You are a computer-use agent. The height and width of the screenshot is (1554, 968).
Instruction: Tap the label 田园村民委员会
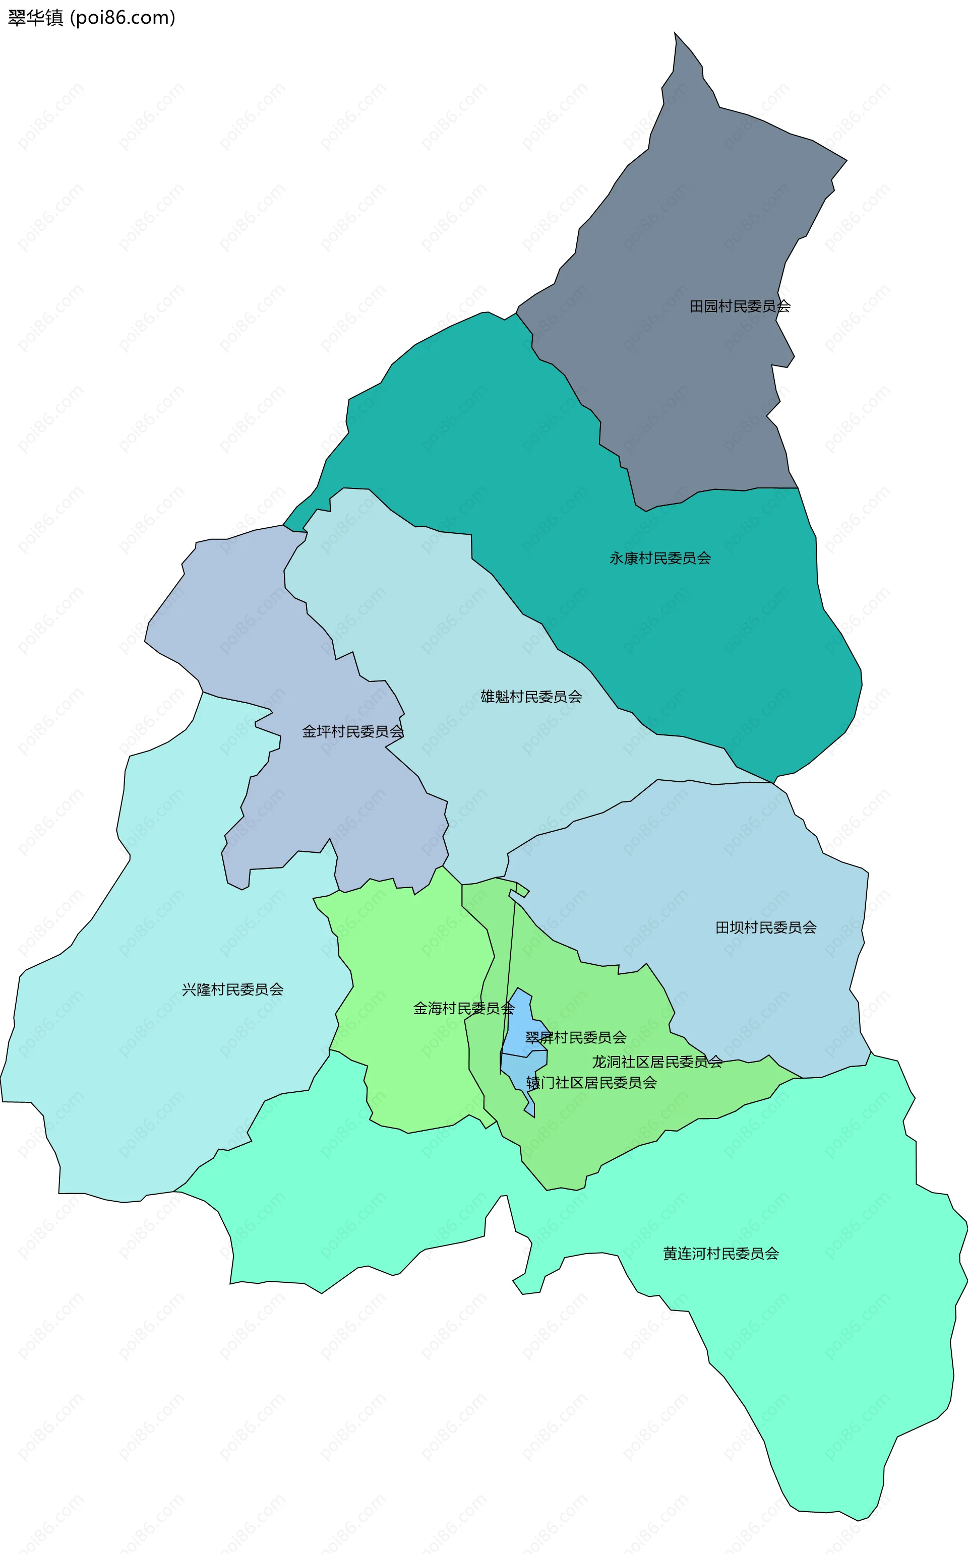point(740,306)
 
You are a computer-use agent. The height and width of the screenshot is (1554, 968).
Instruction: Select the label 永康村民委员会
point(659,558)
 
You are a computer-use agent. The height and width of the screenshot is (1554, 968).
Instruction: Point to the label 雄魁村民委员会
point(531,697)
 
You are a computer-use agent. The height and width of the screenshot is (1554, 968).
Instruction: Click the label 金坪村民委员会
point(353,731)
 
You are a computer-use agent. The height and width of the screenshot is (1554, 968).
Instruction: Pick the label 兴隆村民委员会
point(232,989)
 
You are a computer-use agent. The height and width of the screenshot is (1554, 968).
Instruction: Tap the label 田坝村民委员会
point(766,927)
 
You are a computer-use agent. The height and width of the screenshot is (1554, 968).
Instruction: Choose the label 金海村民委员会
point(463,1009)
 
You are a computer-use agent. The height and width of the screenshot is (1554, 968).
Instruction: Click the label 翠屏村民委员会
point(576,1037)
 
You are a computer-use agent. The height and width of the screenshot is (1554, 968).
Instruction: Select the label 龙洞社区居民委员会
point(657,1062)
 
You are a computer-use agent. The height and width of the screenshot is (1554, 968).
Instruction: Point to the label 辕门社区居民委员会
point(591,1082)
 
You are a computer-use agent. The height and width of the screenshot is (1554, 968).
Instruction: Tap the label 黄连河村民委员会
point(721,1253)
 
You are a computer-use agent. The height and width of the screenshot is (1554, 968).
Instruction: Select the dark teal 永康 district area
point(736,640)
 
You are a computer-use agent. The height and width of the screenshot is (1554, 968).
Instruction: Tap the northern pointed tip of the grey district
point(676,35)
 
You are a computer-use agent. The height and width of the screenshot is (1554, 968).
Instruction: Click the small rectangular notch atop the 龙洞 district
point(522,890)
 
